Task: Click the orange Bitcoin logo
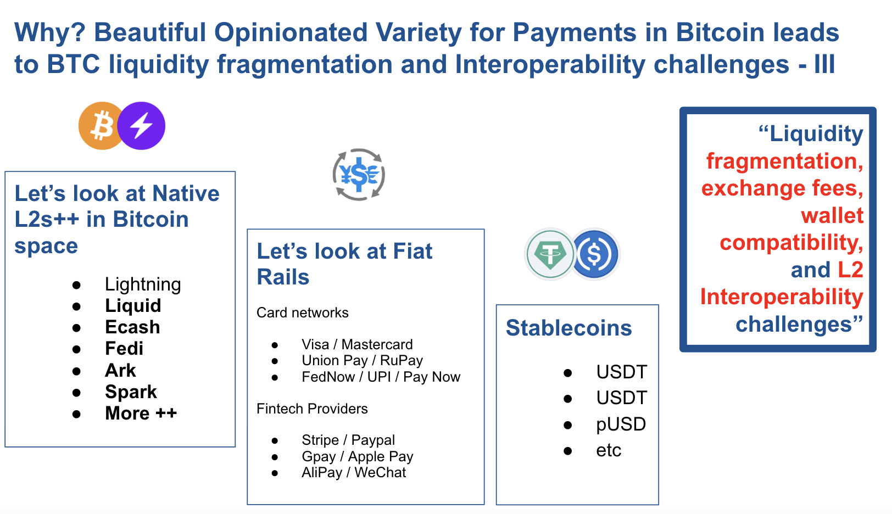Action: [101, 126]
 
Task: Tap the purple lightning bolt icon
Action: [141, 126]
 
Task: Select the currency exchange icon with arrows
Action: [359, 175]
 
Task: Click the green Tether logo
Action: [550, 254]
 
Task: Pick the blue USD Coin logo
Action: [594, 254]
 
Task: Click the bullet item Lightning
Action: [143, 284]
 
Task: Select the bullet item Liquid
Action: [133, 306]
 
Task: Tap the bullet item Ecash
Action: [132, 327]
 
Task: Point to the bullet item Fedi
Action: [124, 349]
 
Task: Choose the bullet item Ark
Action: [120, 370]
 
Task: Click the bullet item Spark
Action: [131, 392]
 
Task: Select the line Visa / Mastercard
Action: [357, 344]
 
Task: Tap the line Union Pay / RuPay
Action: [363, 360]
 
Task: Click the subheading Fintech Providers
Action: [312, 409]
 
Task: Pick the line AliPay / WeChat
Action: [354, 472]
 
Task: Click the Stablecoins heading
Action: [568, 328]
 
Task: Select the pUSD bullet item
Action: [621, 424]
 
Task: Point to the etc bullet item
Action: [609, 450]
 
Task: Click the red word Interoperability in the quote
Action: [782, 297]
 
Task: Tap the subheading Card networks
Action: [302, 313]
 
